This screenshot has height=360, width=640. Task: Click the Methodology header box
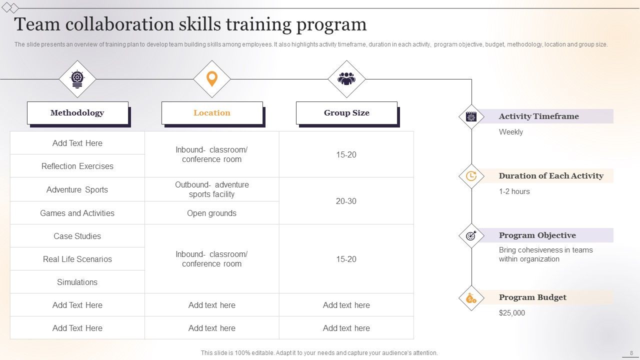77,113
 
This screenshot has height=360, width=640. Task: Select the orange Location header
212,113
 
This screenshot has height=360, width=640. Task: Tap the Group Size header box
346,113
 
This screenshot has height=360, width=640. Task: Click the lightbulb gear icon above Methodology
77,79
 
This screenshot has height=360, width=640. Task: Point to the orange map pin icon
212,79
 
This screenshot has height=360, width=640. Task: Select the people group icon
346,79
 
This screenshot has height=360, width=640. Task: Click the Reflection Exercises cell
77,166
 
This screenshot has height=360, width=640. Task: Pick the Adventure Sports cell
77,189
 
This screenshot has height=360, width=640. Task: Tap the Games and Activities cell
77,213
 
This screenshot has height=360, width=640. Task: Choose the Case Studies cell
77,236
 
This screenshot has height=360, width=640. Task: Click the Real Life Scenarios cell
77,259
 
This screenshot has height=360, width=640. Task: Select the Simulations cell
77,282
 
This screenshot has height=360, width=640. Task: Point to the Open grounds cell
212,213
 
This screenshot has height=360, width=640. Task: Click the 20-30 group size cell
346,201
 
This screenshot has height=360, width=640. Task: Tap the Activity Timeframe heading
538,116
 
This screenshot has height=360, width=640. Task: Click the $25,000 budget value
512,313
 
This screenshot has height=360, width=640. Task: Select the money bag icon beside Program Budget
471,298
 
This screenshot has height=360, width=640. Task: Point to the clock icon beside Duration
471,176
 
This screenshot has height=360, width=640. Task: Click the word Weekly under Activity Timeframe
511,132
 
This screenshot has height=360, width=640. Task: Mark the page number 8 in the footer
631,353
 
